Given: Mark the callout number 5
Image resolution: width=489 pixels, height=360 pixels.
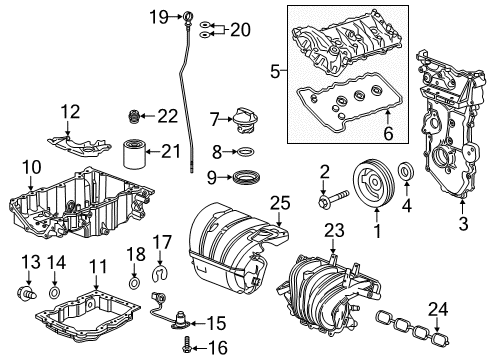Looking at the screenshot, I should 276,71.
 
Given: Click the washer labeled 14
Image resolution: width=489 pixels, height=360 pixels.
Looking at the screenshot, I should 54,297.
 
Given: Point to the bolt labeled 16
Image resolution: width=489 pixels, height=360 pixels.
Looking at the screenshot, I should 190,346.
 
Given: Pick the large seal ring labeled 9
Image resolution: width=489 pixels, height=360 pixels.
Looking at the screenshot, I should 242,178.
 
